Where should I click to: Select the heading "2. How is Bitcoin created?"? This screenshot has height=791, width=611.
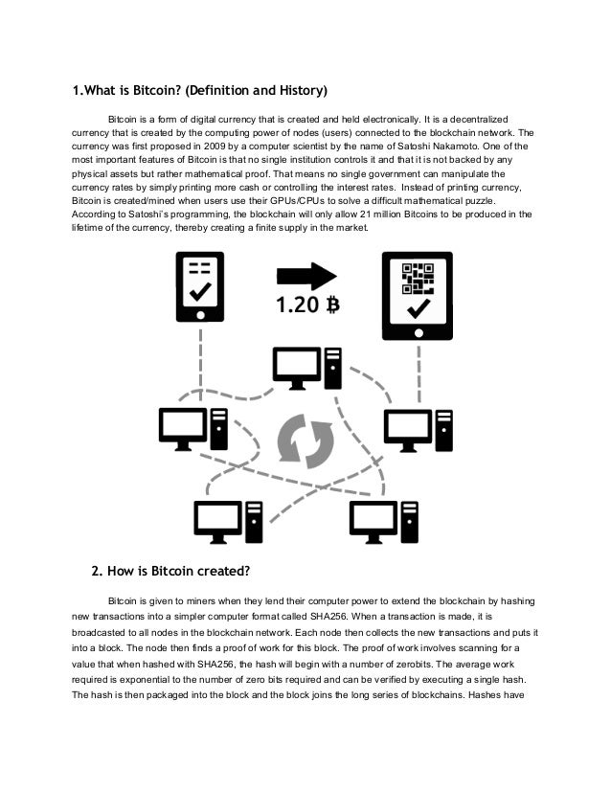pos(170,573)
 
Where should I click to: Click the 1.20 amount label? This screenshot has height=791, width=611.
pos(296,306)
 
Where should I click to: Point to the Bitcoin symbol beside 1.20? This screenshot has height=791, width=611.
pos(333,306)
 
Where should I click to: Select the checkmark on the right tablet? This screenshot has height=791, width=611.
pos(419,310)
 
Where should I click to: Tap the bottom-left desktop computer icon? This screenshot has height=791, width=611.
pos(229,520)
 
